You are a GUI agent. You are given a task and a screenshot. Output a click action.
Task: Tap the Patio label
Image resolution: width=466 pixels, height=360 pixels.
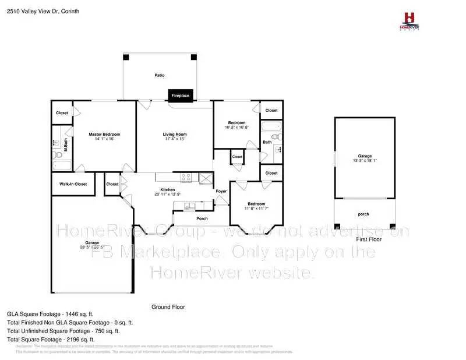[159, 75]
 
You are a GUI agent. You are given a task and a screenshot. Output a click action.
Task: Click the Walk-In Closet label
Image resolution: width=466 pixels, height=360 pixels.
[73, 184]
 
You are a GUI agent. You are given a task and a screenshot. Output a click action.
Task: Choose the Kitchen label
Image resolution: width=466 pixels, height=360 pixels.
[168, 189]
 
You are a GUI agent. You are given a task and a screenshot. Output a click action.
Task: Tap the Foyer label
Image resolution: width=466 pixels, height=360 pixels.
[221, 191]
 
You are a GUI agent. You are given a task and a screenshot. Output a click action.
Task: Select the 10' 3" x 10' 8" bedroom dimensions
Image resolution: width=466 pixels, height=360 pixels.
[237, 127]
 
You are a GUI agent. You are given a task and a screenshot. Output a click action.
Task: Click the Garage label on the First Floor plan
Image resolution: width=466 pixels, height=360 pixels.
[365, 156]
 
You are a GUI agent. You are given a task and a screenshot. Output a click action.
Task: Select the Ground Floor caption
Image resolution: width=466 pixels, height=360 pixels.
[168, 307]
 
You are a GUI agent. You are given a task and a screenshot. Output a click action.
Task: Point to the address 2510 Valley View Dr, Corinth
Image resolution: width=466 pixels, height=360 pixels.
[44, 11]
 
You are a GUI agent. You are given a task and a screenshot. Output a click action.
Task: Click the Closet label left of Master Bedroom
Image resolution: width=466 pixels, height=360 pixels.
[62, 113]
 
